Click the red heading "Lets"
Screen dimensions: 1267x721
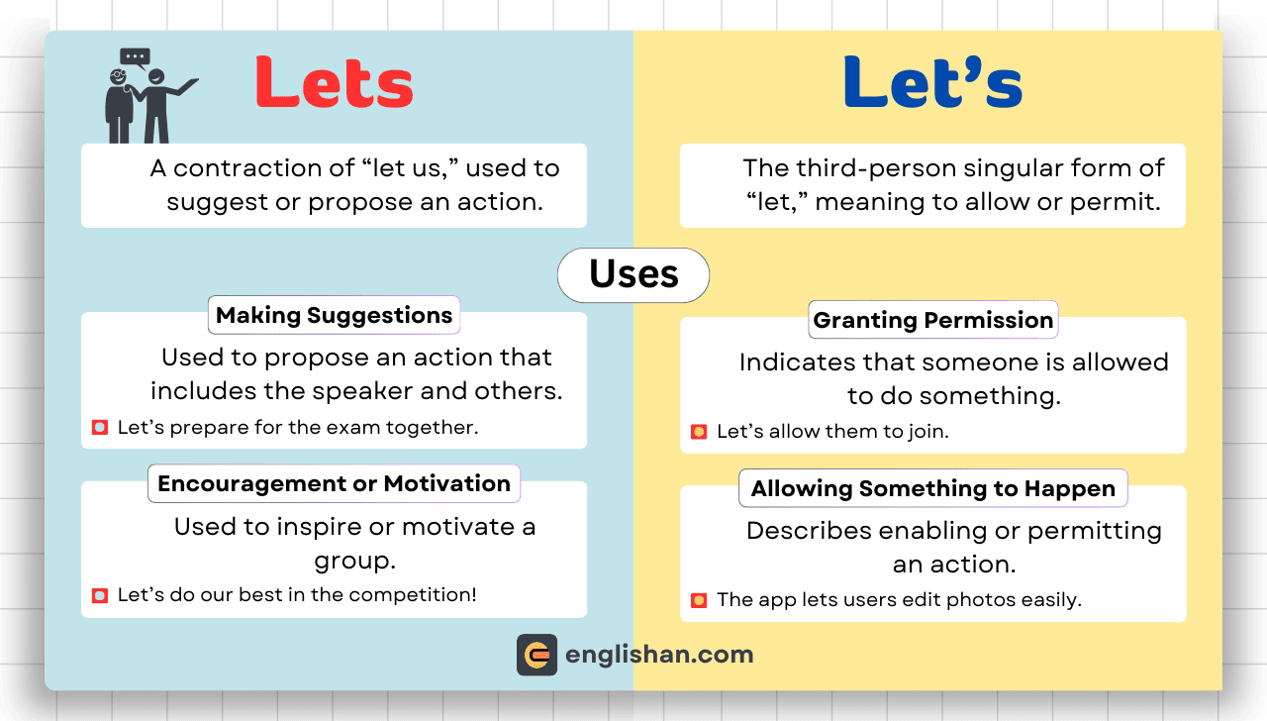click(334, 82)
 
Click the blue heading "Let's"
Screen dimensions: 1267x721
click(932, 82)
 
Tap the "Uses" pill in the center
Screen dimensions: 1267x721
click(633, 275)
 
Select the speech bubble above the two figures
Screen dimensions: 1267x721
click(136, 57)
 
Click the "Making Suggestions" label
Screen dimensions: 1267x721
click(334, 315)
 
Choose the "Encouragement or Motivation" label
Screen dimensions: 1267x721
click(334, 484)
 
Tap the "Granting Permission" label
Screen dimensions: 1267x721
click(933, 320)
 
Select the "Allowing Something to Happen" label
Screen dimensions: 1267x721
click(933, 488)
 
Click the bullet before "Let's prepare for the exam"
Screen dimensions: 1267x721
click(100, 427)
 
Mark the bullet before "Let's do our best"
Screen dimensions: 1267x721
click(100, 595)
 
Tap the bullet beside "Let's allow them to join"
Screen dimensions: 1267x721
click(699, 432)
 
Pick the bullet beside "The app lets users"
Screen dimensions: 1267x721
click(699, 600)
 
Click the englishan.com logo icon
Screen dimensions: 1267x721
click(536, 655)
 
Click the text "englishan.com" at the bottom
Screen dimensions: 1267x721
click(659, 655)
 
